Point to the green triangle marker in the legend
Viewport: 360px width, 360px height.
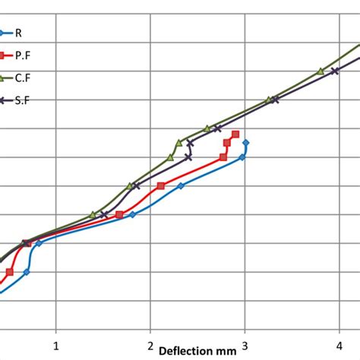tap(4, 77)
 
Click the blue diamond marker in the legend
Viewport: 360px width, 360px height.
tap(4, 33)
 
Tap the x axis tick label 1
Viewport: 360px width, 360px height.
tap(55, 346)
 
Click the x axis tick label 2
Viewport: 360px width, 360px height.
tap(150, 346)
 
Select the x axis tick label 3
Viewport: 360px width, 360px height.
tap(245, 346)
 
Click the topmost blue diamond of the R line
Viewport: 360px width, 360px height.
tap(245, 142)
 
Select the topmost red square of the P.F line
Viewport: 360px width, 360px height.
tap(235, 134)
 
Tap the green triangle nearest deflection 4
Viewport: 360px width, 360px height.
tap(321, 71)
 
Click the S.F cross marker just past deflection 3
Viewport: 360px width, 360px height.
tap(273, 100)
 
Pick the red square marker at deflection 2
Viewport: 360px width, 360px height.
tap(160, 186)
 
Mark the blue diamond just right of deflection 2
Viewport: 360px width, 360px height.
tap(180, 186)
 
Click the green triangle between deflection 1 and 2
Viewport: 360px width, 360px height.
tap(93, 215)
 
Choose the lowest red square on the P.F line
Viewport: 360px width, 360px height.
tap(10, 272)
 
